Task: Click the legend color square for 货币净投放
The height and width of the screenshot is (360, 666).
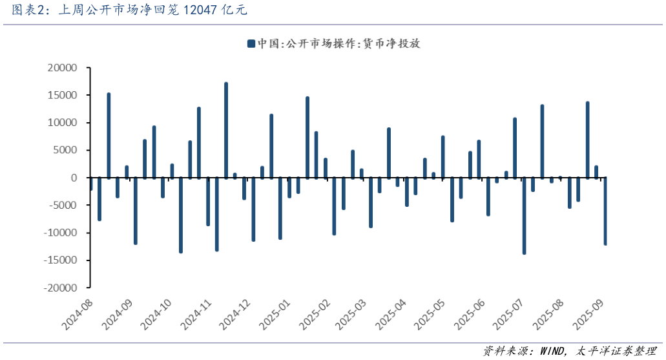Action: click(251, 44)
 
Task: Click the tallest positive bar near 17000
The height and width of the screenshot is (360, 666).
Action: click(226, 129)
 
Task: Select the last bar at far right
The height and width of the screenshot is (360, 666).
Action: click(605, 211)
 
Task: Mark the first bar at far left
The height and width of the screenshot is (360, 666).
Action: click(91, 184)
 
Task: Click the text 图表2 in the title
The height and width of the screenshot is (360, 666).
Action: click(26, 10)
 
